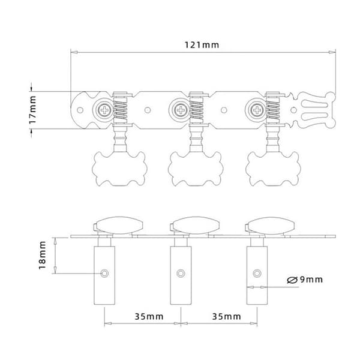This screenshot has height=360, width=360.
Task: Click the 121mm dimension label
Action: click(202, 45)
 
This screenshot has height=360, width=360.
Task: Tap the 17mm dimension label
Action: click(32, 110)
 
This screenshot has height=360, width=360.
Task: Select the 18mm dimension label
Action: click(43, 255)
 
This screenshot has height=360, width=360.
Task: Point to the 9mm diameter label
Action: click(305, 280)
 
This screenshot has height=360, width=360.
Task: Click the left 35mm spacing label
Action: click(149, 317)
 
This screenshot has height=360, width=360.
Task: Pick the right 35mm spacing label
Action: click(226, 317)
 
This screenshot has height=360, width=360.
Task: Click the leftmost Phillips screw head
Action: click(104, 110)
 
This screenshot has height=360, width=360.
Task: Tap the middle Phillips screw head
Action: click(181, 110)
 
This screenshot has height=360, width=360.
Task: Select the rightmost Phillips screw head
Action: click(257, 110)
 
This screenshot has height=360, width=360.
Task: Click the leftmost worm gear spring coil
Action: click(121, 110)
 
